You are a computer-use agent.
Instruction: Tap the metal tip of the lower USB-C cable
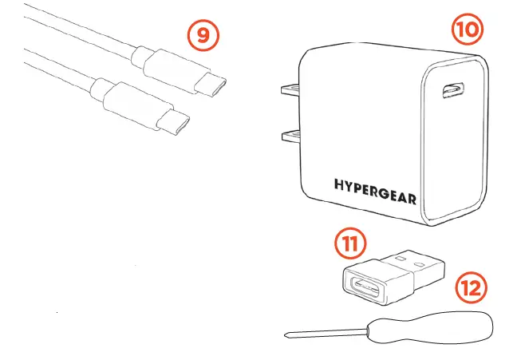tap(173, 122)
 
